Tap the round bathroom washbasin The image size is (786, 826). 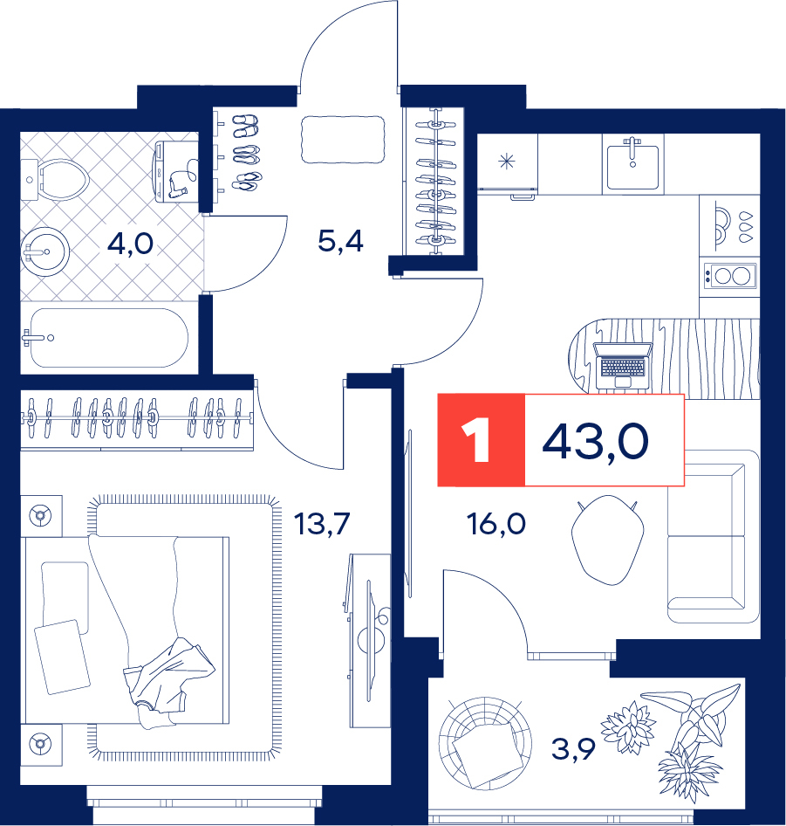pyautogui.click(x=45, y=252)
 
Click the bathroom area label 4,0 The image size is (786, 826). pyautogui.click(x=130, y=244)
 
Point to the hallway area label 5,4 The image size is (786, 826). pyautogui.click(x=340, y=241)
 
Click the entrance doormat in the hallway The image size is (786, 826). pyautogui.click(x=343, y=140)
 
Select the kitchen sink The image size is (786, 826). pyautogui.click(x=632, y=164)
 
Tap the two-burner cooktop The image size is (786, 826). pyautogui.click(x=730, y=276)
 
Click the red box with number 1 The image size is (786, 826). pyautogui.click(x=482, y=439)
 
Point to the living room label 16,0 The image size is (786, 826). pyautogui.click(x=496, y=524)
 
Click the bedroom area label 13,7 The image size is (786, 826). pyautogui.click(x=322, y=524)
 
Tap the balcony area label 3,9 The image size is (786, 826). pyautogui.click(x=573, y=748)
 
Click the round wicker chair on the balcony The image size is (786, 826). pyautogui.click(x=485, y=742)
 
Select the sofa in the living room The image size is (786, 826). pyautogui.click(x=714, y=536)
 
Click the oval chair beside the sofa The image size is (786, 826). pyautogui.click(x=607, y=540)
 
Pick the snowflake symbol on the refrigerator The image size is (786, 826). pyautogui.click(x=507, y=162)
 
